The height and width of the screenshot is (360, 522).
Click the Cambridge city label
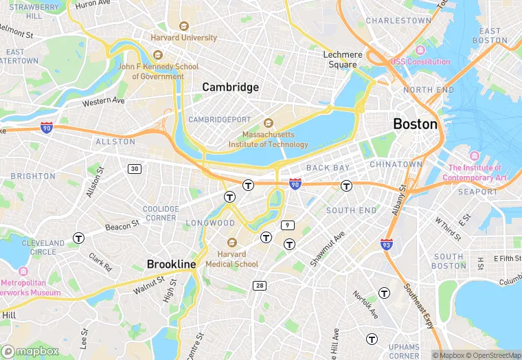point(230,87)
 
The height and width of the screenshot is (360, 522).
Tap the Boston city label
point(415,124)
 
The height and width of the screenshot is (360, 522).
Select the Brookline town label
point(171,264)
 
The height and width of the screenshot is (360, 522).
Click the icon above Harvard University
point(183,26)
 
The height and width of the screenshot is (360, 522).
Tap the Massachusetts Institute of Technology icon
point(269,123)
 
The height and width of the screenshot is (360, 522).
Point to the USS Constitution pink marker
point(420,50)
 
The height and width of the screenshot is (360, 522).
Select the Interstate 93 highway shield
point(387,244)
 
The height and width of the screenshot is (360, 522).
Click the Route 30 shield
point(134,169)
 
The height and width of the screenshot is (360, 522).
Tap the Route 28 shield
point(260,286)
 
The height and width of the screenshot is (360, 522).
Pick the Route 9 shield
point(288,225)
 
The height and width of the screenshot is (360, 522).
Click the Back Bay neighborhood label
point(328,168)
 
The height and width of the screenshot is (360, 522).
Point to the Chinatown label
point(396,165)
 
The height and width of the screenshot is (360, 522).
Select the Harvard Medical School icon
point(231,243)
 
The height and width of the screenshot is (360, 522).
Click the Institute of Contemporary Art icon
point(475,156)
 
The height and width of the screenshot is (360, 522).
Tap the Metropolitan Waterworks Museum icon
point(24,271)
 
